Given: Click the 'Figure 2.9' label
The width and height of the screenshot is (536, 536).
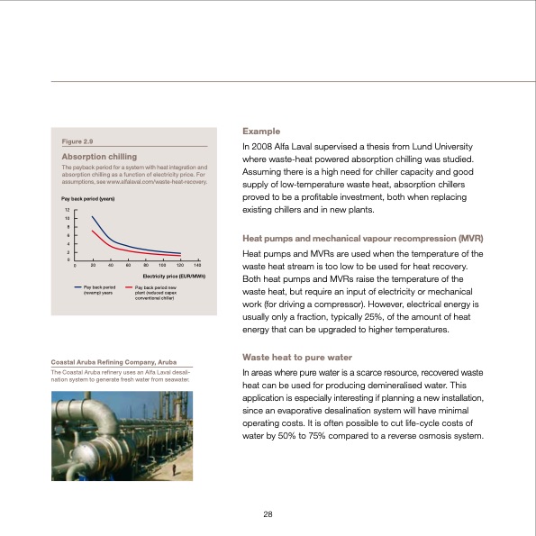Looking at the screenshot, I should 77,141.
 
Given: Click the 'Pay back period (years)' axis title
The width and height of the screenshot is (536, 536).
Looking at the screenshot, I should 86,197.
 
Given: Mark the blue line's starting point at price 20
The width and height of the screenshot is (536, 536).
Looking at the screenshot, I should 93,217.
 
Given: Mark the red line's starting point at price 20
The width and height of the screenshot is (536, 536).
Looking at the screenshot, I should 93,231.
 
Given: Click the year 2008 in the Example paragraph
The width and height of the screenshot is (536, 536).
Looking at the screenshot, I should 263,146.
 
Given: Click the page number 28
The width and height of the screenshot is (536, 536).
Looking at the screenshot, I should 268,513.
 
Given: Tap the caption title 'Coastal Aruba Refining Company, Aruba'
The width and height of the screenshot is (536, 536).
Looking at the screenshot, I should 113,362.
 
